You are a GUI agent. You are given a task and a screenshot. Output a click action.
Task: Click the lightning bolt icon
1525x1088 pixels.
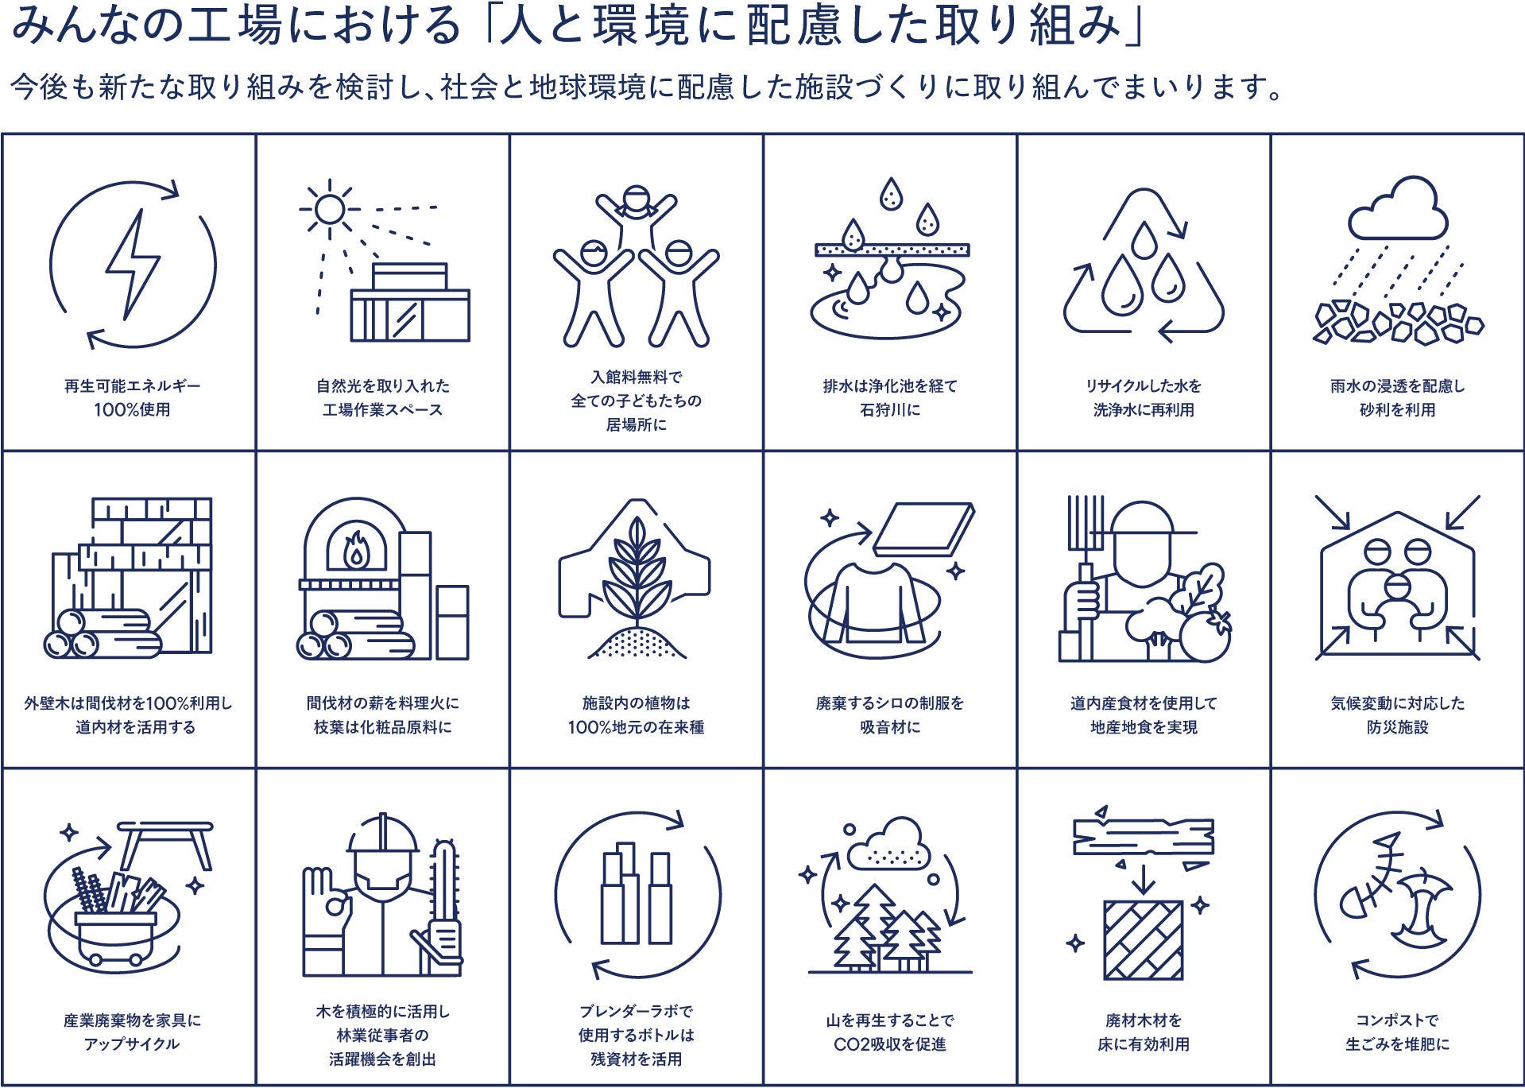(133, 265)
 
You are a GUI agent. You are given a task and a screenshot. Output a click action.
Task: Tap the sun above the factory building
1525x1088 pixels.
(328, 209)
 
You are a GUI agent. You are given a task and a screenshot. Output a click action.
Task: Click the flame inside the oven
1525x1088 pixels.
(354, 550)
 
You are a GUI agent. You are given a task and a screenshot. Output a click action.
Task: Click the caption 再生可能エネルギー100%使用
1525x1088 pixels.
(133, 397)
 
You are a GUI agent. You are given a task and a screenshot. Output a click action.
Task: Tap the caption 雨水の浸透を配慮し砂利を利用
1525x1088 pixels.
(1397, 397)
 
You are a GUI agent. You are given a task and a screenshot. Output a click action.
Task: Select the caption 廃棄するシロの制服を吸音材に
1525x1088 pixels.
(889, 714)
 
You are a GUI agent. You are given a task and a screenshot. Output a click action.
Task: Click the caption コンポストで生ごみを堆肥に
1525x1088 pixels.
(1397, 1032)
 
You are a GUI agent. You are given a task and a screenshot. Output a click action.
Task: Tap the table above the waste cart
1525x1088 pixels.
(166, 843)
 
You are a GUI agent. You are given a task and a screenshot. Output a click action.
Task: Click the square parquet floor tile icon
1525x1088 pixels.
(1143, 940)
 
